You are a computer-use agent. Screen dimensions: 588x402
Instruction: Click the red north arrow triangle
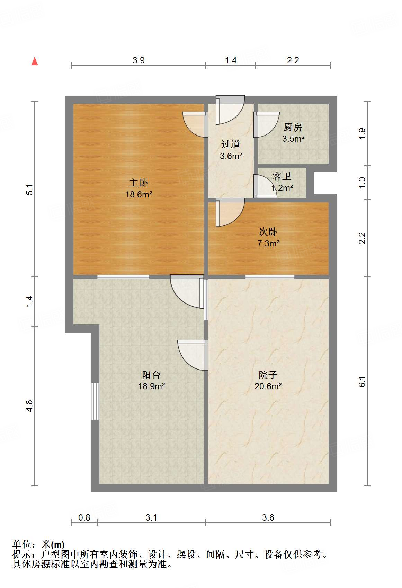pyautogui.click(x=35, y=62)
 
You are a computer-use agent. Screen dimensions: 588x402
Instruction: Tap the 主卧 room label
pyautogui.click(x=139, y=183)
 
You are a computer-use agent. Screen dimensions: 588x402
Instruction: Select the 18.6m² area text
pyautogui.click(x=139, y=194)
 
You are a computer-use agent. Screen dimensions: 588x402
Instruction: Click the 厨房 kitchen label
pyautogui.click(x=293, y=128)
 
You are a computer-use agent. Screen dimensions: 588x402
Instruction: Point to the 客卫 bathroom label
pyautogui.click(x=282, y=177)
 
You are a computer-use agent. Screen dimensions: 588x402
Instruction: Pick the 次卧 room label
pyautogui.click(x=268, y=232)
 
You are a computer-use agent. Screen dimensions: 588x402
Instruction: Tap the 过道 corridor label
pyautogui.click(x=231, y=144)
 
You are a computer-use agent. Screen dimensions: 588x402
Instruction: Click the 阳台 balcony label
pyautogui.click(x=151, y=375)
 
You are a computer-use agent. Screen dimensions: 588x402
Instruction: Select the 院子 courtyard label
pyautogui.click(x=268, y=375)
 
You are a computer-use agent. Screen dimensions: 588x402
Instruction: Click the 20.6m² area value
pyautogui.click(x=268, y=386)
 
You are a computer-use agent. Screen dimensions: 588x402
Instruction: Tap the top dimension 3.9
pyautogui.click(x=139, y=60)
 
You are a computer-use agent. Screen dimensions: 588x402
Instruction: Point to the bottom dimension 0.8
pyautogui.click(x=84, y=517)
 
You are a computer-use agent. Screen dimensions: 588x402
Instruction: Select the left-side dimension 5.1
pyautogui.click(x=30, y=189)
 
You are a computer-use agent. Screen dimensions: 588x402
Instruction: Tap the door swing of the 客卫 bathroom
pyautogui.click(x=265, y=187)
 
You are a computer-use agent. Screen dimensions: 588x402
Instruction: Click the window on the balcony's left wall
pyautogui.click(x=95, y=401)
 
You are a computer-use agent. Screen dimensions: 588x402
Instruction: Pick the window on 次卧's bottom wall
pyautogui.click(x=270, y=277)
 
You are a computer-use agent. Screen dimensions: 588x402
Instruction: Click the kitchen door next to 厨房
pyautogui.click(x=266, y=124)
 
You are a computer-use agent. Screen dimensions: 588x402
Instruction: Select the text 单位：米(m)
pyautogui.click(x=38, y=544)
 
